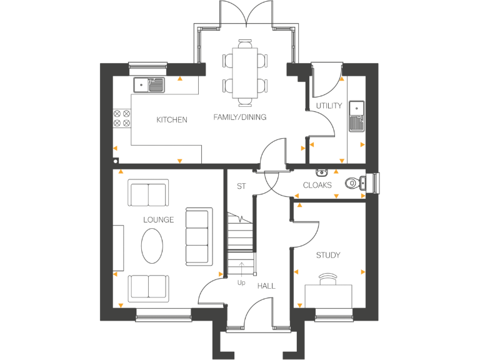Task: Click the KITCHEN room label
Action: [x=171, y=119]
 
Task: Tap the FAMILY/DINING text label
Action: [x=239, y=117]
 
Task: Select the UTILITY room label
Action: [x=329, y=106]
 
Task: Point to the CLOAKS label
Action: [x=317, y=185]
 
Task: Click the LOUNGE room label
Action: [x=158, y=219]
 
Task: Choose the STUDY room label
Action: [x=328, y=255]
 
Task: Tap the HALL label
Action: [x=266, y=286]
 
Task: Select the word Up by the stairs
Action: [x=241, y=282]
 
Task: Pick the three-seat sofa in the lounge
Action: [x=197, y=237]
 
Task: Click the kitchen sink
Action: [x=149, y=84]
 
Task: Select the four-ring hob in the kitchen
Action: [x=121, y=118]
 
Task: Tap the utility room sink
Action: [x=357, y=116]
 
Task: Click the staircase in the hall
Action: [x=241, y=241]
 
